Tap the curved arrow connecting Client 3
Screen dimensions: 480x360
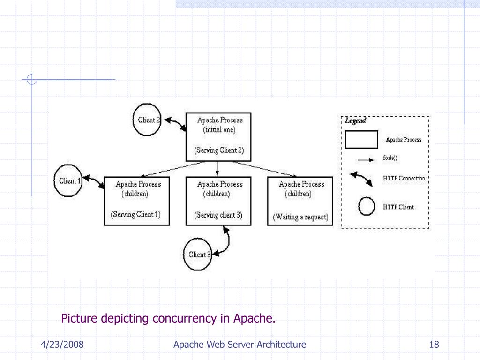(228, 242)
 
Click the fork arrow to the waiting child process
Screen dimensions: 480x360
(265, 169)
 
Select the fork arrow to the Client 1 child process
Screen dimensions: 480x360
(172, 169)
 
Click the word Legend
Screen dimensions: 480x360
(355, 120)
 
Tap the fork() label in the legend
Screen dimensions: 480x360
(390, 157)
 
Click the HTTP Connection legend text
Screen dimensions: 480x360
(404, 178)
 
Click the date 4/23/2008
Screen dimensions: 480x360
(62, 345)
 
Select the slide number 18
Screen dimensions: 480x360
(434, 345)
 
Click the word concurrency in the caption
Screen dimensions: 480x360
(185, 318)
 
